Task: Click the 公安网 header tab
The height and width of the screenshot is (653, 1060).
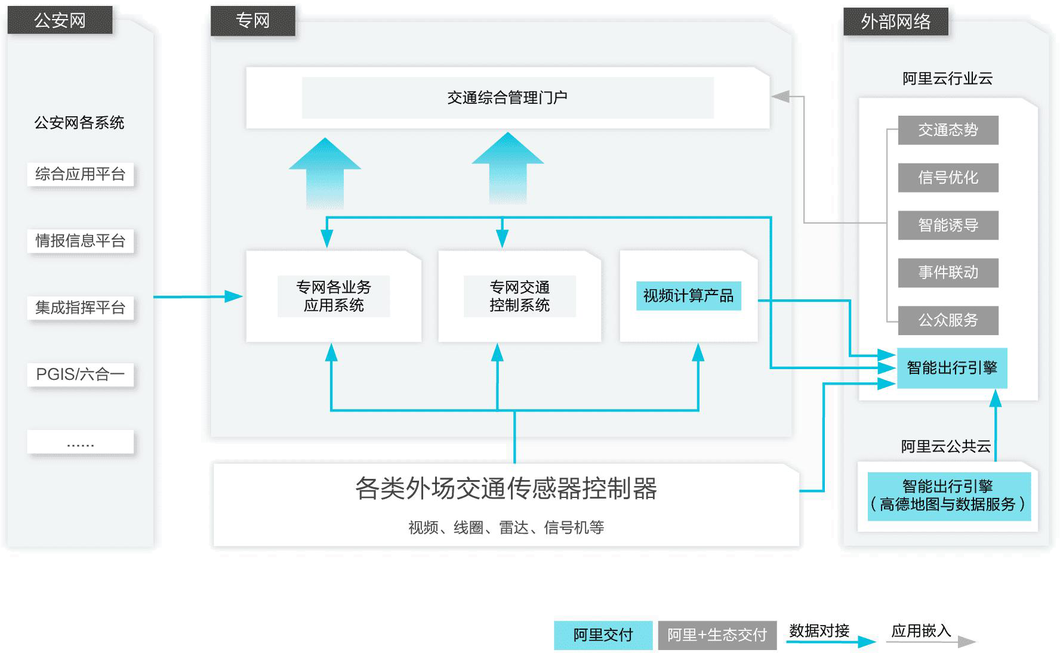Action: [60, 20]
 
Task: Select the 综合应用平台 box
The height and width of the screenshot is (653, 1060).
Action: [80, 174]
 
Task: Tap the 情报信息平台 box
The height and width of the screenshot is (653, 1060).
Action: [80, 241]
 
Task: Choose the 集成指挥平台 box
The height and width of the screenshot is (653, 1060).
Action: [80, 308]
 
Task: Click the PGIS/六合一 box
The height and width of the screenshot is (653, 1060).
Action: [80, 375]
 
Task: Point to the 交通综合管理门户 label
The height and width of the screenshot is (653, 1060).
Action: [507, 98]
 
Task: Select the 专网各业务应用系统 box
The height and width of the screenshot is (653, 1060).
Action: [334, 296]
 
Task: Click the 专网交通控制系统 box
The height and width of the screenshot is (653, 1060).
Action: [519, 296]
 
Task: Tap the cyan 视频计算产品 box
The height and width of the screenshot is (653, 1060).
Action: [688, 296]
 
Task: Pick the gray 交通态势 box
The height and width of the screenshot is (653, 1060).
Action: [948, 130]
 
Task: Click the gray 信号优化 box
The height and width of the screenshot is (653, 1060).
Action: [948, 178]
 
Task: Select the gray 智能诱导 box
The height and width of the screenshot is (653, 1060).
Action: [948, 225]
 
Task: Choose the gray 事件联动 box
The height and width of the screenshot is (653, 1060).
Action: [948, 273]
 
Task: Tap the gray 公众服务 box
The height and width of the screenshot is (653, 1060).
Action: [948, 320]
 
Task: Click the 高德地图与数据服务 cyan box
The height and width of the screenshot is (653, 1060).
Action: [948, 496]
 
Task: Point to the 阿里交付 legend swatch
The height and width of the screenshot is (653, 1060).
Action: [603, 635]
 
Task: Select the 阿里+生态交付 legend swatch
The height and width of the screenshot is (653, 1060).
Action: [717, 635]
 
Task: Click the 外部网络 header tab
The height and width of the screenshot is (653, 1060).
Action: [895, 22]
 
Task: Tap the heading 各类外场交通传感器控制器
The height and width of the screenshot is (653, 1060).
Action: [506, 488]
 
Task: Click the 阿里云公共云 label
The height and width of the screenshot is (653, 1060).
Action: [945, 446]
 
